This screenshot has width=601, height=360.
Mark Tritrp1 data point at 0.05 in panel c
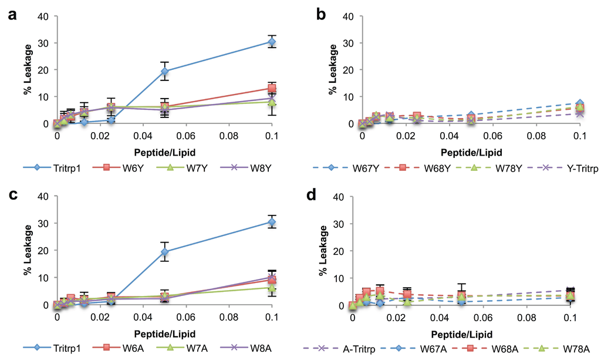coord(165,252)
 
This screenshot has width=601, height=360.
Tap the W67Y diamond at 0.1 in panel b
coord(580,104)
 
